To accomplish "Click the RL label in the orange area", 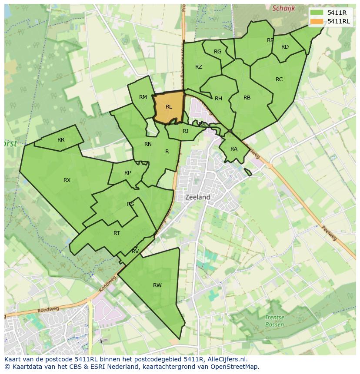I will point(169,106).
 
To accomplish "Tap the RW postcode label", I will point(157,285).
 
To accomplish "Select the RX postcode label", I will point(67,180).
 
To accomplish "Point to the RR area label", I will point(61,140).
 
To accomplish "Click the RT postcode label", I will point(117,233).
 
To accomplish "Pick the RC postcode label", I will point(279,79).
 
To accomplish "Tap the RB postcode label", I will point(247,97).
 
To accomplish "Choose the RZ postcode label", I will point(199,66).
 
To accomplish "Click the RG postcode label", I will point(218,51).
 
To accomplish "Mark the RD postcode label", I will point(285,47).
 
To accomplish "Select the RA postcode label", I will point(234,149).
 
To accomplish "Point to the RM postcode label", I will point(143,97).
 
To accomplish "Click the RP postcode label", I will point(127,172).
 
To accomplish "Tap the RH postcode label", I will point(218,98).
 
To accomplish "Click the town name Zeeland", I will point(198,197).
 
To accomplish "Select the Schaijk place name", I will point(283,8).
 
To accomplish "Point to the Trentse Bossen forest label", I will point(274,321).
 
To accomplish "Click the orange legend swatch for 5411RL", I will point(317,21).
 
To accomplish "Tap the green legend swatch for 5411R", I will point(317,13).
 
